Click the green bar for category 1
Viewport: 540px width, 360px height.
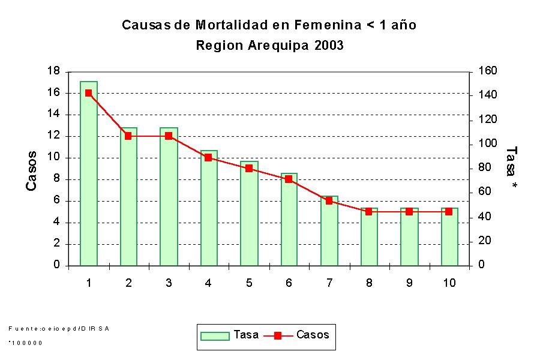click(x=88, y=174)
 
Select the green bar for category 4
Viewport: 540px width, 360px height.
click(x=209, y=208)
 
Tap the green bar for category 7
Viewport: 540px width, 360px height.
click(x=329, y=231)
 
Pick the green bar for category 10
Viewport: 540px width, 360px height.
click(x=449, y=236)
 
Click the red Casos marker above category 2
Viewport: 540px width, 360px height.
click(x=128, y=136)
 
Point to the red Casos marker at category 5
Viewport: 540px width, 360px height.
click(x=248, y=169)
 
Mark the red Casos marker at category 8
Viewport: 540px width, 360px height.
click(x=369, y=211)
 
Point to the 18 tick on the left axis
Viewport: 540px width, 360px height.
click(x=54, y=71)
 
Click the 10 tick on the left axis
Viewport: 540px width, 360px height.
click(x=54, y=158)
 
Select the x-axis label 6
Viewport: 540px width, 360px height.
click(x=289, y=283)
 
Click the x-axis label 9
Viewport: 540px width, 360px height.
click(x=409, y=283)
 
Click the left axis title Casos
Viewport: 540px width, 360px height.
click(x=32, y=171)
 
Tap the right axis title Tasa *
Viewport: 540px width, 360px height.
click(x=511, y=169)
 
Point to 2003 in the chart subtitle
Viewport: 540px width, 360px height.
click(x=329, y=46)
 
